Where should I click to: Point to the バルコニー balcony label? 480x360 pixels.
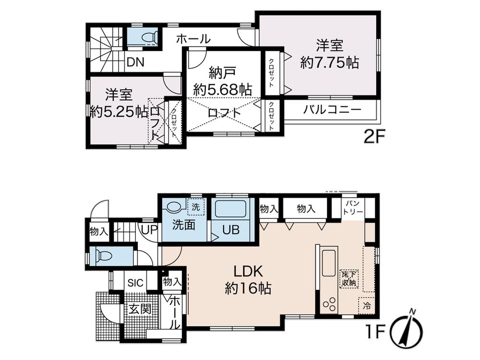(x=332, y=109)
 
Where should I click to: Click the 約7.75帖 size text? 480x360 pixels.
(x=329, y=63)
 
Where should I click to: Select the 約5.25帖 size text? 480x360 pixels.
(x=119, y=111)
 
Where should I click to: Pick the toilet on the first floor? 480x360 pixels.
(x=104, y=255)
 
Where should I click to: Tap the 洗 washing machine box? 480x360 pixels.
(x=195, y=207)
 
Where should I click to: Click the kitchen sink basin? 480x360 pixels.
(x=330, y=263)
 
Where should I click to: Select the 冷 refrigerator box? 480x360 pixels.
(x=367, y=305)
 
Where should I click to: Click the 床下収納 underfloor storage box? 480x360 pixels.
(x=349, y=278)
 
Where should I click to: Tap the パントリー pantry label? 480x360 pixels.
(x=353, y=208)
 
